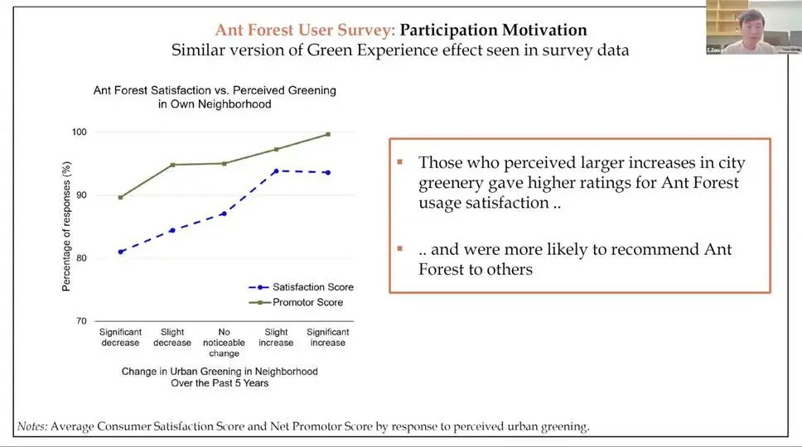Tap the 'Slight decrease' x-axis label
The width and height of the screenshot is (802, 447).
coord(172,337)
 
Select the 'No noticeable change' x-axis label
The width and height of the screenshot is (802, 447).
coord(224,343)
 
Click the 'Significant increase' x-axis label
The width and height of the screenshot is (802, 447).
coord(327,337)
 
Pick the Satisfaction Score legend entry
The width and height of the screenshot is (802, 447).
coord(302,287)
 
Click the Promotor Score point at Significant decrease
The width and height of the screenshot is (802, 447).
coord(121,197)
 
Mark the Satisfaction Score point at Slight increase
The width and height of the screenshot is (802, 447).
coord(275,171)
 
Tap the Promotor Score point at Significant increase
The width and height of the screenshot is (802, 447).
coord(327,134)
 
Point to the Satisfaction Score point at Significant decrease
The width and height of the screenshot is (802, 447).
coord(121,252)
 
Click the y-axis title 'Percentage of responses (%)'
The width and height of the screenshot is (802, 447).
coord(66,227)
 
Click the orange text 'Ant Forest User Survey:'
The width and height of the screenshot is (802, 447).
coord(305,30)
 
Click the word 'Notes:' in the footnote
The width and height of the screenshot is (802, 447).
coord(32,427)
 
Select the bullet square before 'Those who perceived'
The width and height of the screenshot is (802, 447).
coord(400,161)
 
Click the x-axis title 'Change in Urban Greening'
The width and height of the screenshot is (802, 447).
coord(219,371)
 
